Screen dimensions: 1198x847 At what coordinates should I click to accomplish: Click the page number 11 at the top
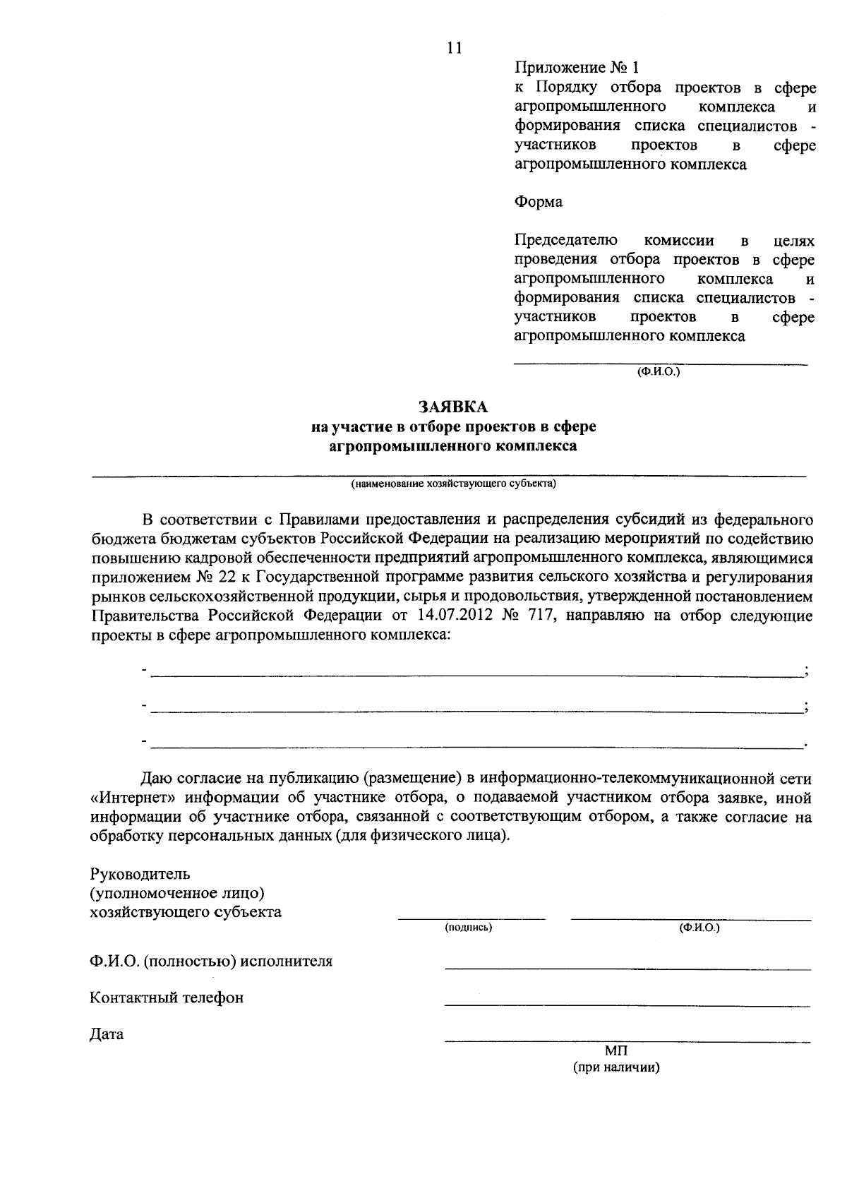[x=454, y=48]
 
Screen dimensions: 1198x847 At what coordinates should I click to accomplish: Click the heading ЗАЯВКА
[x=453, y=407]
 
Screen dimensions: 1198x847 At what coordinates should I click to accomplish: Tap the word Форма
[x=539, y=202]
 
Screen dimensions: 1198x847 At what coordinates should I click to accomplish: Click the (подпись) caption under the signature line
[x=468, y=928]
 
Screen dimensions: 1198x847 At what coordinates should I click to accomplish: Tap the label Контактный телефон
[x=167, y=998]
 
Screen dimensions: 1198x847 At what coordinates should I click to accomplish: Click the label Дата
[x=107, y=1034]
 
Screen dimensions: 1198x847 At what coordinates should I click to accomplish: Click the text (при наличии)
[x=616, y=1067]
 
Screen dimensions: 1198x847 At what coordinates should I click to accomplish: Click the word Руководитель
[x=140, y=875]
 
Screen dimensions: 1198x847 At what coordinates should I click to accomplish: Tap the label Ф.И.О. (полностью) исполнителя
[x=211, y=961]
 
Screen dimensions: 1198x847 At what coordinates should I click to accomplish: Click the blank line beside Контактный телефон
[x=627, y=1004]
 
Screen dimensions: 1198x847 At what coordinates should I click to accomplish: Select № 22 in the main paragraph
[x=210, y=577]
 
